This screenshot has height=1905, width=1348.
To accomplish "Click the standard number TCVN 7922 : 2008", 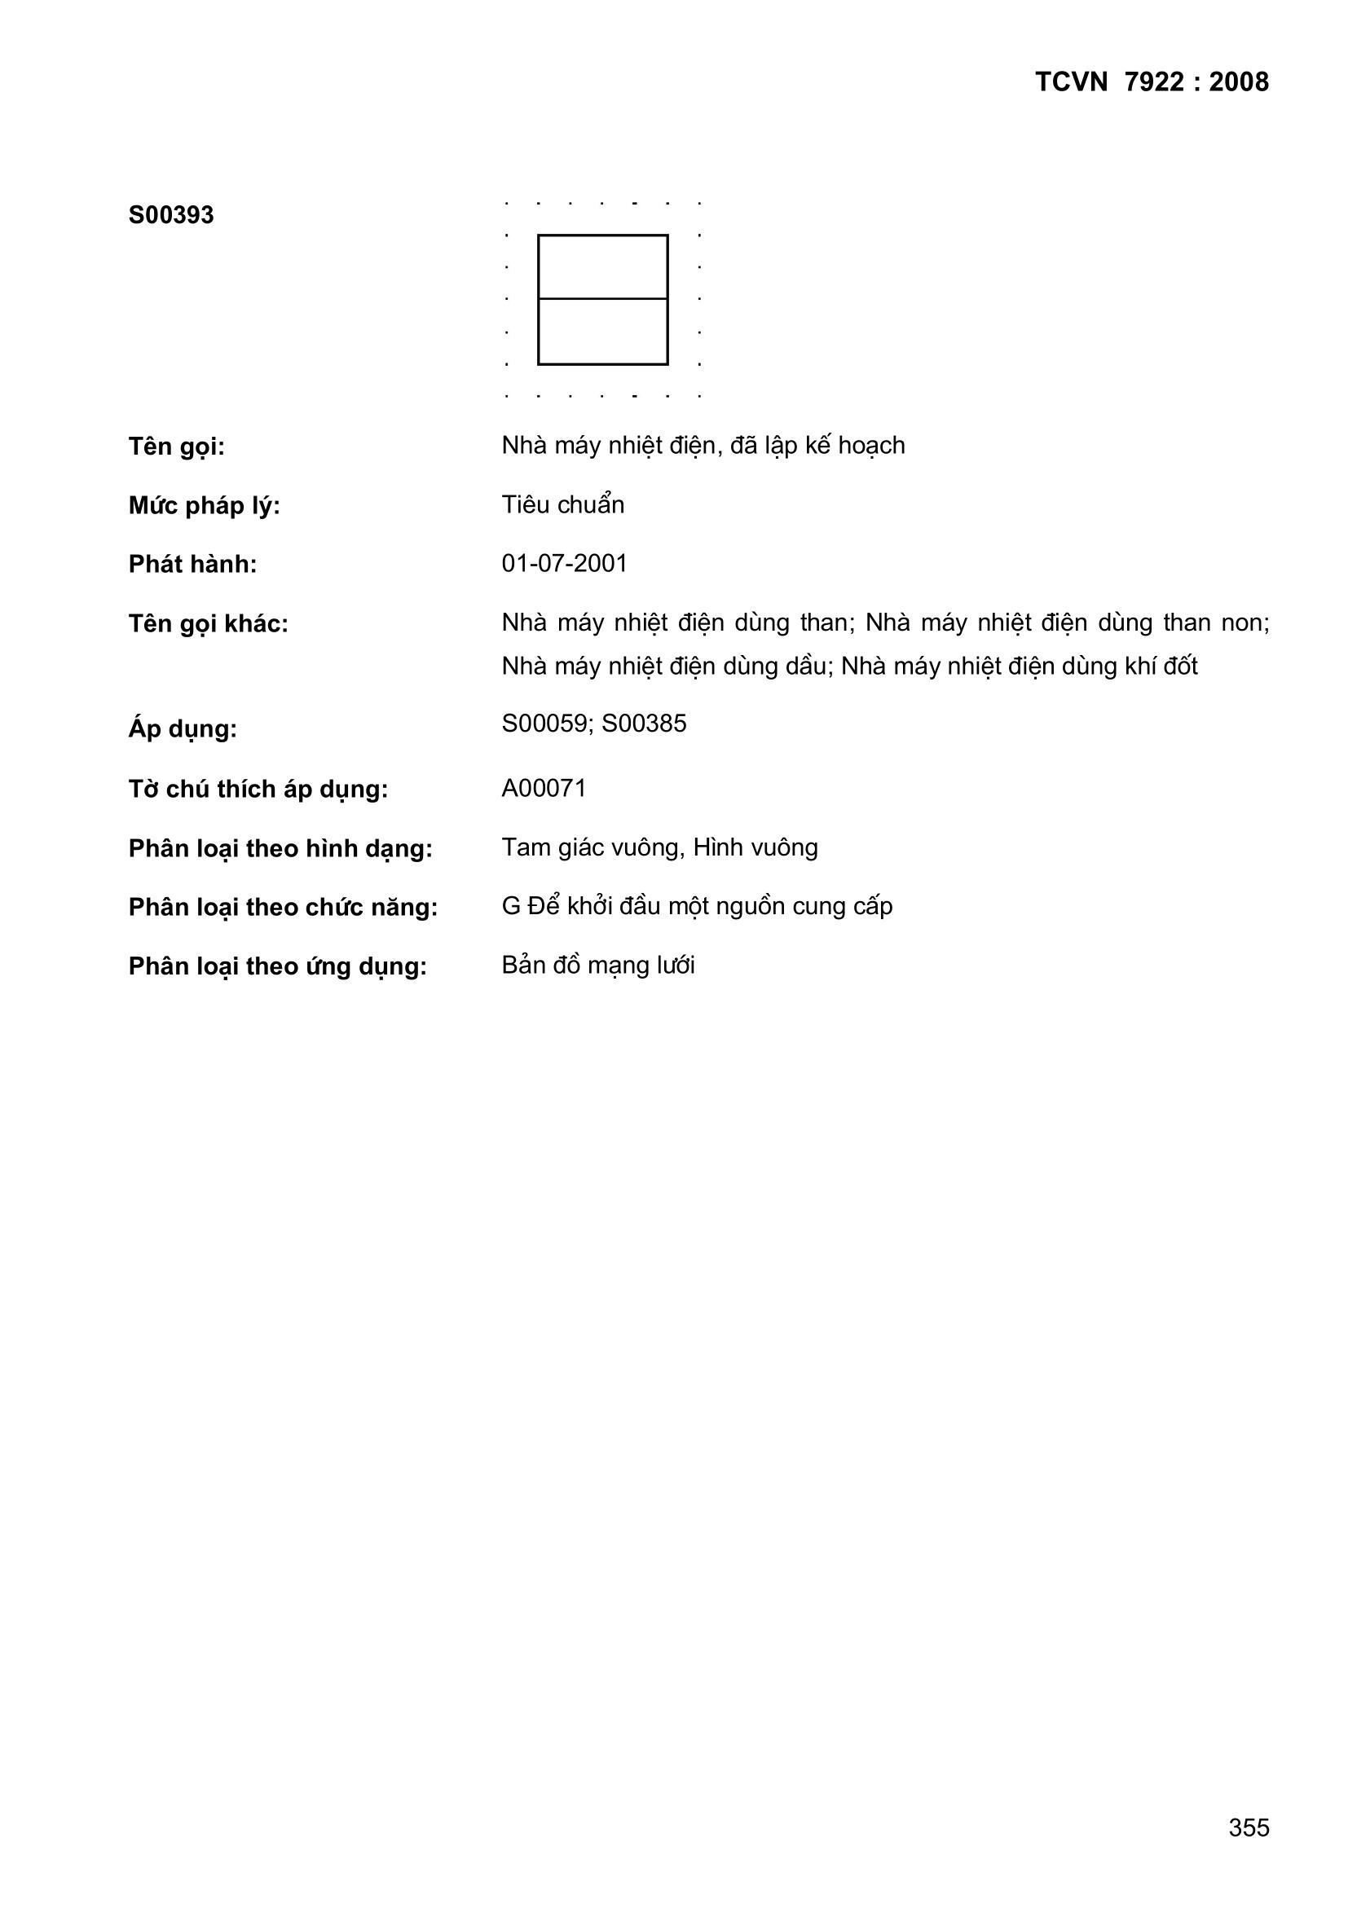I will click(x=1152, y=82).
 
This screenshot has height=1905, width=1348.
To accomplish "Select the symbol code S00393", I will click(x=171, y=216).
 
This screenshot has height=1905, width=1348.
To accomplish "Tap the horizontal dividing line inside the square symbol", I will click(x=602, y=299).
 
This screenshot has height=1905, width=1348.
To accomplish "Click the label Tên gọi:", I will click(x=176, y=447).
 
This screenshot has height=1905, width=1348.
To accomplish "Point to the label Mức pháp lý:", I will click(x=205, y=506).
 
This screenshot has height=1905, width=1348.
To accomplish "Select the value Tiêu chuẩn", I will click(x=563, y=505).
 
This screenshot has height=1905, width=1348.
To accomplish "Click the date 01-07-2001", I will click(x=565, y=564).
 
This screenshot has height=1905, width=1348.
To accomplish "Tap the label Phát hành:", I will click(x=192, y=565).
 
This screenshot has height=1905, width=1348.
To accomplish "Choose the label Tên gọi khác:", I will click(x=209, y=624).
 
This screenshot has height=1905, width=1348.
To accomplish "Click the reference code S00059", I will click(x=544, y=724).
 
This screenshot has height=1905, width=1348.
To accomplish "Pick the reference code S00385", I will click(x=644, y=724).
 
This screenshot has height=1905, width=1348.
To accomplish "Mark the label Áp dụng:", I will click(x=183, y=729).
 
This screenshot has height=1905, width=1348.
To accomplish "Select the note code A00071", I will click(x=544, y=788).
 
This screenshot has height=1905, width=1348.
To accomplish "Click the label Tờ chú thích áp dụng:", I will click(x=258, y=789).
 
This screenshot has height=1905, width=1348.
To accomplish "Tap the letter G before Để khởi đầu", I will click(x=510, y=907).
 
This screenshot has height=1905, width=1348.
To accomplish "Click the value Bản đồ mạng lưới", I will click(x=597, y=966).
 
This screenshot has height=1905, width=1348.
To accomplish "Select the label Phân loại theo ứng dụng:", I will click(x=277, y=966).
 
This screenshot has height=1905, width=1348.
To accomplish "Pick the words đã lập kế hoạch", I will click(x=817, y=447).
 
